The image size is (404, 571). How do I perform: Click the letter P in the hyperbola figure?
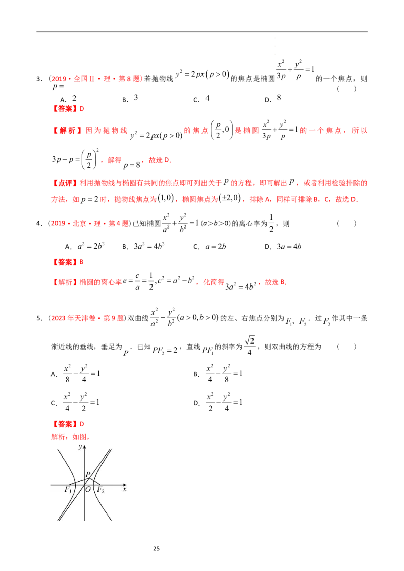pyautogui.click(x=88, y=474)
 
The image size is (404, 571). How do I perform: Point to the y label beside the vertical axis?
pyautogui.click(x=80, y=447)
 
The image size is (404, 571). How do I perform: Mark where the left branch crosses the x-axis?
pyautogui.click(x=74, y=485)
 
